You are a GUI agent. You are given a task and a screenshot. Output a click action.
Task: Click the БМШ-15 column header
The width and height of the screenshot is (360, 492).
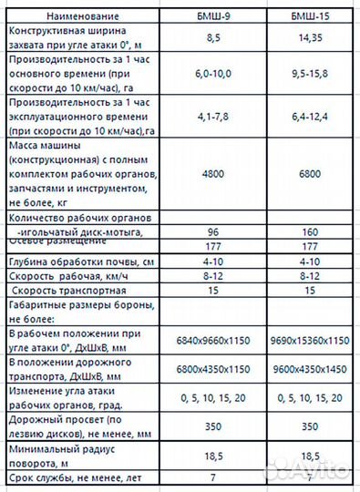tap(308, 15)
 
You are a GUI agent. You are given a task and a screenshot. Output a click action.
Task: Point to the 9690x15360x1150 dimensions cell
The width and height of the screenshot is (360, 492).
tap(308, 340)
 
